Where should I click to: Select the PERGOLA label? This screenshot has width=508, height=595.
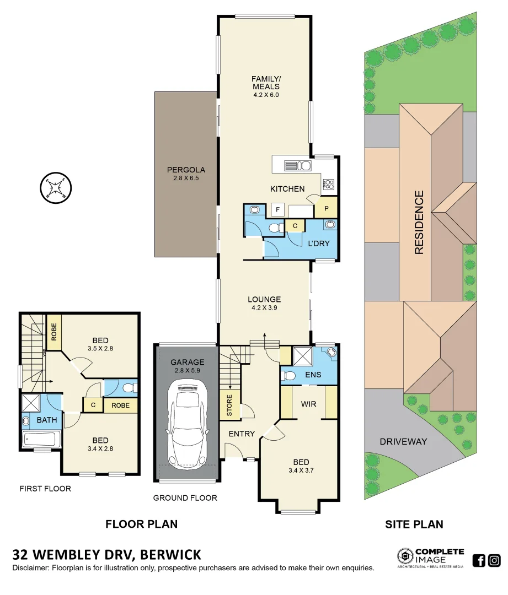point(186,170)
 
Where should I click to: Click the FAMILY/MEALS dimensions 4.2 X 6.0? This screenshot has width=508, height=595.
point(266,94)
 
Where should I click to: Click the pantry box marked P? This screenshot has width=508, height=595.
point(325,208)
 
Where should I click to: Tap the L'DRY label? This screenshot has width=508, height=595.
point(318,243)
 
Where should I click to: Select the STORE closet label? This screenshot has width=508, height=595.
point(229,405)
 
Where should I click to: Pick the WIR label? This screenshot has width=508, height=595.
point(308,404)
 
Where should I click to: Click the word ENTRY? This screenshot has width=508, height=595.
point(242,434)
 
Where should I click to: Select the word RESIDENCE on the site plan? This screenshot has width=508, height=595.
point(419,222)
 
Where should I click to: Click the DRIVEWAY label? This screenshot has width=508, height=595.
point(403,441)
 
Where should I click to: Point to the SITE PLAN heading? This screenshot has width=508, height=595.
point(414,524)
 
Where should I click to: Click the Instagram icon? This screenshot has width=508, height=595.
point(494,561)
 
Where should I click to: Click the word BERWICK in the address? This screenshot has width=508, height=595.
point(170,554)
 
